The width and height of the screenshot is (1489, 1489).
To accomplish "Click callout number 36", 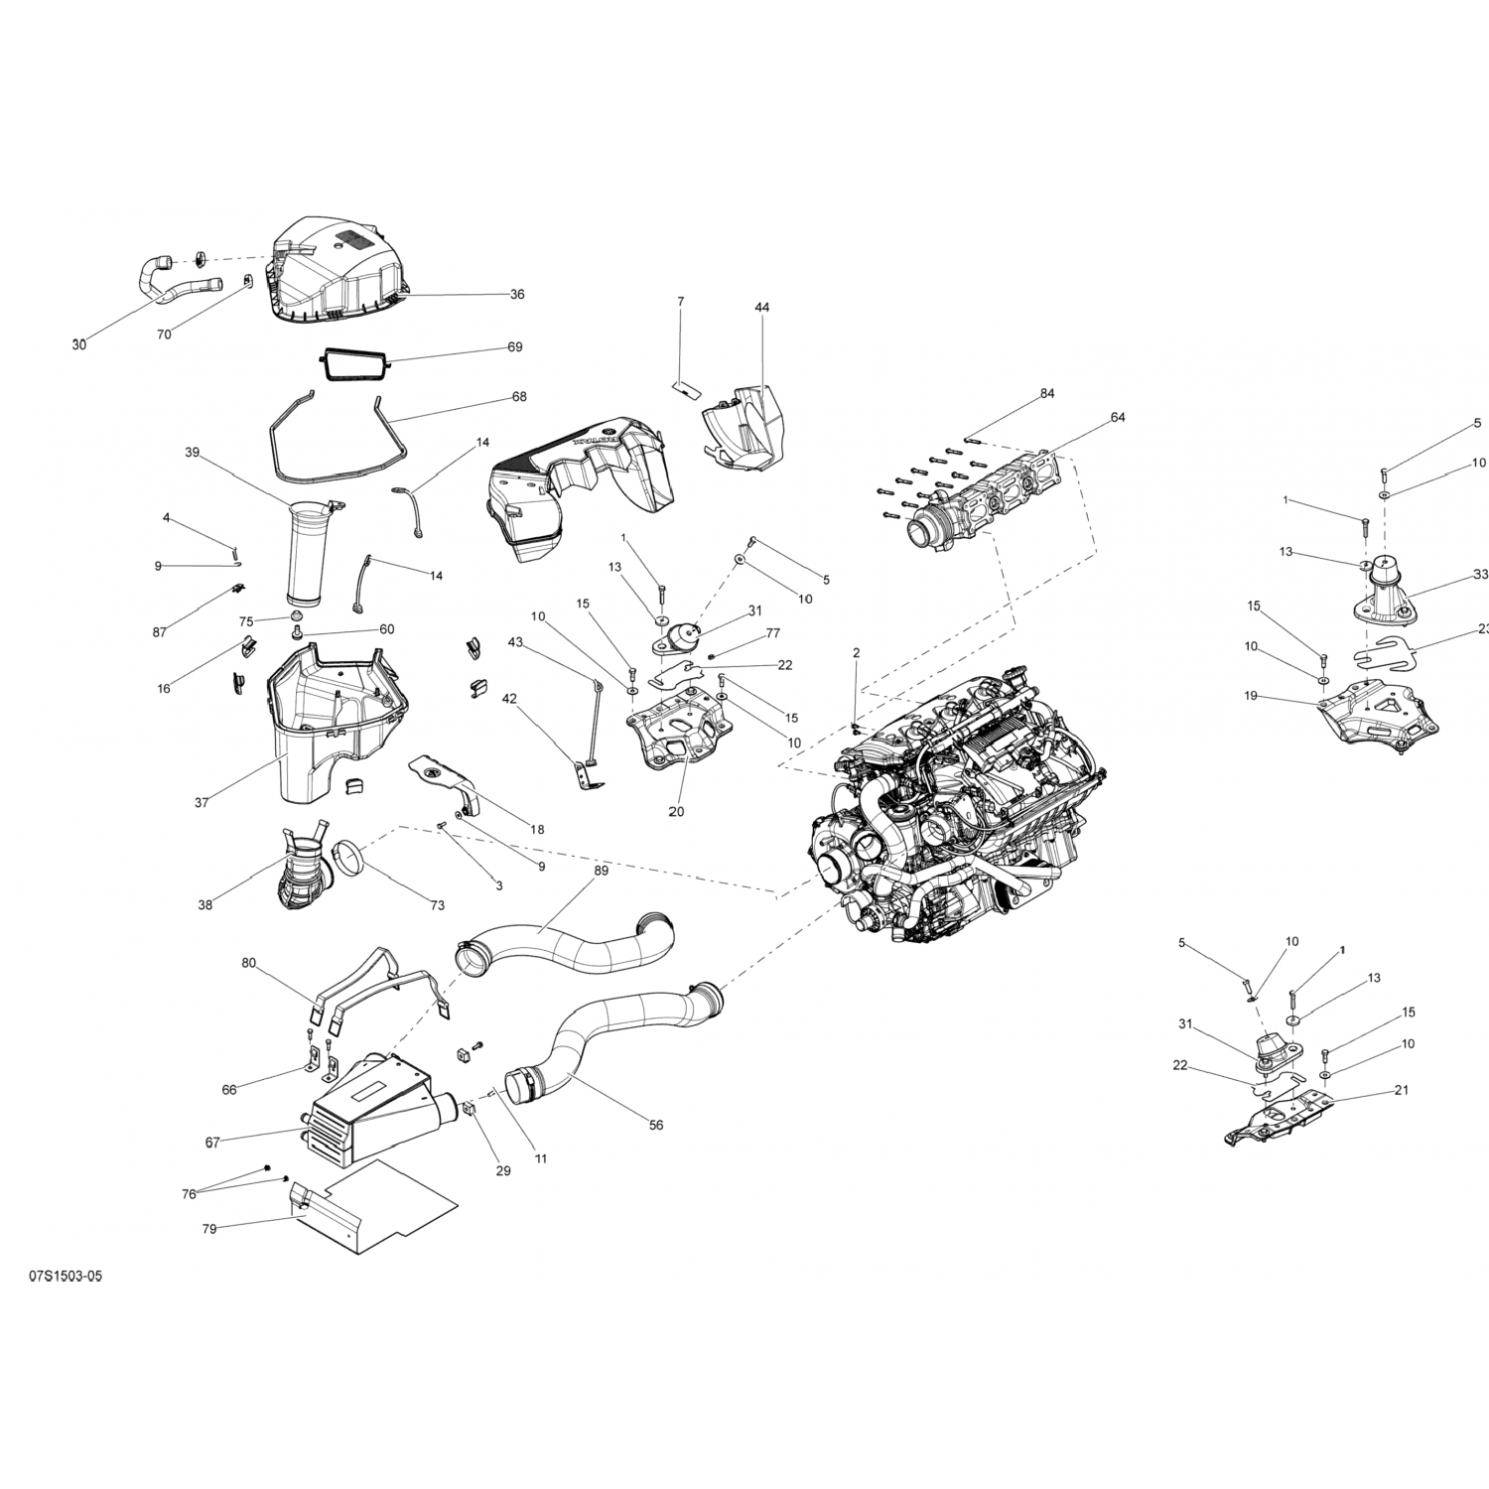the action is pos(517,294).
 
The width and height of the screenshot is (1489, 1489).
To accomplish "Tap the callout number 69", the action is pos(514,347).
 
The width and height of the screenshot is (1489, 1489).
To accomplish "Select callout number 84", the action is pos(1047,394).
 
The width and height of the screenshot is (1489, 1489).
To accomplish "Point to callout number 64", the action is pos(1118,418).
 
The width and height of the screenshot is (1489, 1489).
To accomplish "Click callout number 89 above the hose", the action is pos(601,871).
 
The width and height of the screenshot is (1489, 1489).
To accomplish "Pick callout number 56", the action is pos(656,1125).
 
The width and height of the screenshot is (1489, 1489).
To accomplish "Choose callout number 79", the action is pos(209,1229).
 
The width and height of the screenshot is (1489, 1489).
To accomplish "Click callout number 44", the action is pos(761,308).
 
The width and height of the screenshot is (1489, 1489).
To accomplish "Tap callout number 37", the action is pos(202,802).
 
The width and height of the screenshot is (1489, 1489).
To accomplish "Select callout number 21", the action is pos(1402,1090).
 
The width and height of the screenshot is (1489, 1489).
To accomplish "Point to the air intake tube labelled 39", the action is pos(308,556).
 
